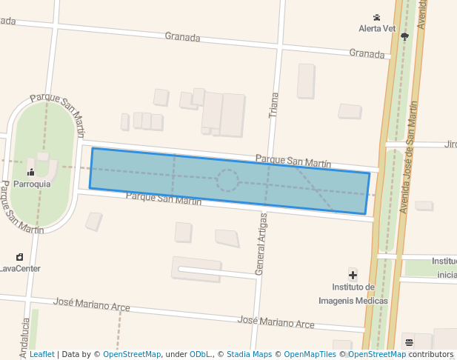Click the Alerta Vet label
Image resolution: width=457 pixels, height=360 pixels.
click(x=377, y=28)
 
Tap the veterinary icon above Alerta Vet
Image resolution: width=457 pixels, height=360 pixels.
click(x=377, y=17)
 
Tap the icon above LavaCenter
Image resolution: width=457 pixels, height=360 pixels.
click(x=19, y=257)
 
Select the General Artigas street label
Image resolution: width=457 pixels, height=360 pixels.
click(x=260, y=244)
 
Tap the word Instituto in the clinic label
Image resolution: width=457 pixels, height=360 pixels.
click(x=353, y=287)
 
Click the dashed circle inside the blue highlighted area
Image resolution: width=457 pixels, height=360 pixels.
click(x=227, y=180)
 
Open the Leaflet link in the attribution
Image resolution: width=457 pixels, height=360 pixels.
click(x=41, y=355)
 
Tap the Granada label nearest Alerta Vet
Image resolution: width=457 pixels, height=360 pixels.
click(x=367, y=53)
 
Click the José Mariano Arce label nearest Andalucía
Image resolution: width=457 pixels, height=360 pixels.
click(x=92, y=304)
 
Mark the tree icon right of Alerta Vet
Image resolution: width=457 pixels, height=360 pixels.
click(x=404, y=35)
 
